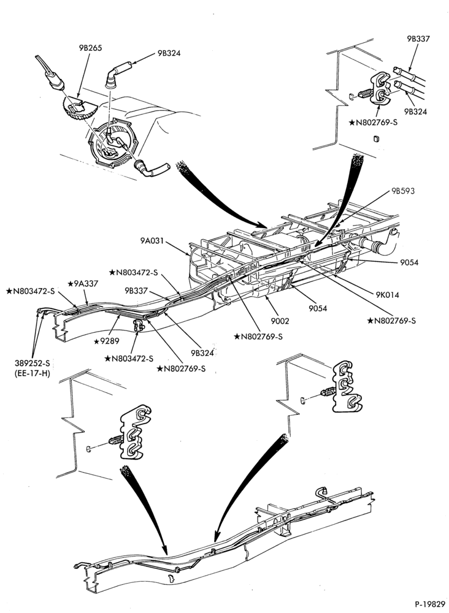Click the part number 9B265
click(90, 48)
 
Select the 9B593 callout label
click(403, 191)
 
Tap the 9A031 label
click(153, 240)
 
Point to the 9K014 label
click(387, 295)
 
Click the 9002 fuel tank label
click(280, 321)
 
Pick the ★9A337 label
click(83, 283)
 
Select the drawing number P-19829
click(430, 604)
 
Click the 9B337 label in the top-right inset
click(418, 39)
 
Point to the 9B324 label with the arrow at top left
click(169, 53)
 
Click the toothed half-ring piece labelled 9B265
click(79, 109)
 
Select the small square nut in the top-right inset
click(376, 139)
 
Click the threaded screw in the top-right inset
click(364, 94)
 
